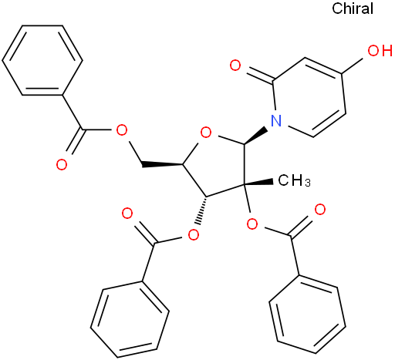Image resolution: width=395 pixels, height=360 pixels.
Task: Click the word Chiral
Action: pos(353,8)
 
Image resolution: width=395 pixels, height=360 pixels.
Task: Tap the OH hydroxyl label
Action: pos(380,50)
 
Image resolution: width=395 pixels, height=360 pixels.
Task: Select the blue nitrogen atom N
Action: pos(276,120)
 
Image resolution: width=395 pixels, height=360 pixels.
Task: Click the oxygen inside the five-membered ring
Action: pos(206,133)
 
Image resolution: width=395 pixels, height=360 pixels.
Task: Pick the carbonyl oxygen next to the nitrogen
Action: pos(235,66)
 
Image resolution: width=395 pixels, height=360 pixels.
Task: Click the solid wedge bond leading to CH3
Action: pos(258,183)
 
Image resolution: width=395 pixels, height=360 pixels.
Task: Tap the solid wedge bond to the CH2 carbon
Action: pos(162,163)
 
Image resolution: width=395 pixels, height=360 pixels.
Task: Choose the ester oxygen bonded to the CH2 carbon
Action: pos(122,130)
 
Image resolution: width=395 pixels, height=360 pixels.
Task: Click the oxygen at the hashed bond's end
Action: pos(194,234)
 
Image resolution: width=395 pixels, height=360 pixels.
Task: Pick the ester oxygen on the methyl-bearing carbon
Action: pos(252,224)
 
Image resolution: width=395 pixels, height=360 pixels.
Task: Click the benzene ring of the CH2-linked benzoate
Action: pos(42,60)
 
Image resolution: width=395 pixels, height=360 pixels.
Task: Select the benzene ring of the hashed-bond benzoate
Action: pos(130,319)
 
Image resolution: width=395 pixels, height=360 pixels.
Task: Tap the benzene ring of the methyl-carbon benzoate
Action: pos(307,315)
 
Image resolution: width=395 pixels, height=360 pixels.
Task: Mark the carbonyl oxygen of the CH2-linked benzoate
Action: pos(62,165)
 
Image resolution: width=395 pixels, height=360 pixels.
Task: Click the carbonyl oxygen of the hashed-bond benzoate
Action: pos(127,214)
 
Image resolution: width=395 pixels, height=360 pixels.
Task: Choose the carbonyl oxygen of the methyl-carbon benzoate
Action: pos(320,210)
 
